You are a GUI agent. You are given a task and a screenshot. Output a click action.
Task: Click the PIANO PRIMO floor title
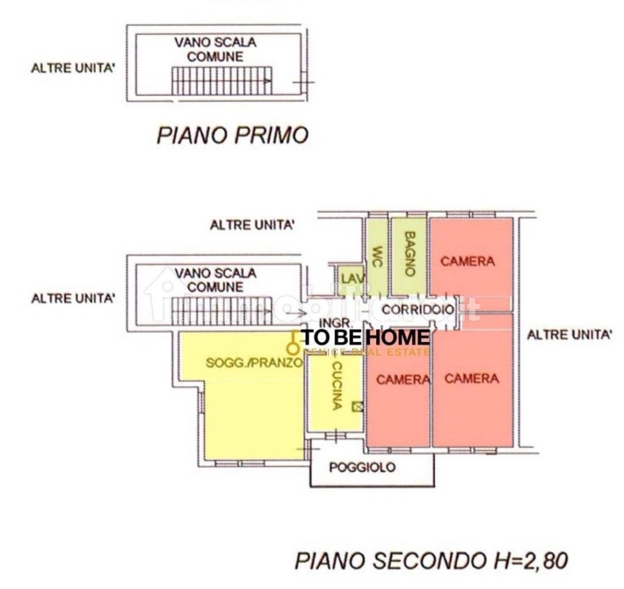click(x=232, y=135)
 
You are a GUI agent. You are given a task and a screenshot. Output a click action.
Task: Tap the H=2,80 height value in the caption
click(x=532, y=560)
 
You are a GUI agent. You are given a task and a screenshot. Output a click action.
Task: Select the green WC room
click(x=377, y=256)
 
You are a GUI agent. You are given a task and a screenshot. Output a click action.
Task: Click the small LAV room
click(x=350, y=277)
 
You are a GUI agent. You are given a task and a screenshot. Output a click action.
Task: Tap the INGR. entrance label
click(x=336, y=323)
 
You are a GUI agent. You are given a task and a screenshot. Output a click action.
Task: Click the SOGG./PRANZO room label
click(x=254, y=363)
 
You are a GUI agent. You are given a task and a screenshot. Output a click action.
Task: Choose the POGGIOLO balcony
click(x=362, y=468)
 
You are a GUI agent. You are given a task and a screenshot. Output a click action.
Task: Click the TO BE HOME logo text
click(x=365, y=337)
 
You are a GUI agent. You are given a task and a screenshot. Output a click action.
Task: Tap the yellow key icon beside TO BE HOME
click(x=293, y=340)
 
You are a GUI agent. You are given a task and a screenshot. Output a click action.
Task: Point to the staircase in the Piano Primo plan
click(x=221, y=80)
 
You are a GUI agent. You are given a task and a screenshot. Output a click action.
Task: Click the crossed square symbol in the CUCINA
click(x=356, y=406)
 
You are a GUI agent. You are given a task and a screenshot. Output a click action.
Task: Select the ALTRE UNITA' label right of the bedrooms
click(x=569, y=335)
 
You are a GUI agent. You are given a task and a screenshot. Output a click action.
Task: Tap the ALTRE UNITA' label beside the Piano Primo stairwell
click(x=72, y=68)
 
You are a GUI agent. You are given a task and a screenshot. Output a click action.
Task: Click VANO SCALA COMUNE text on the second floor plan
click(x=215, y=280)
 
